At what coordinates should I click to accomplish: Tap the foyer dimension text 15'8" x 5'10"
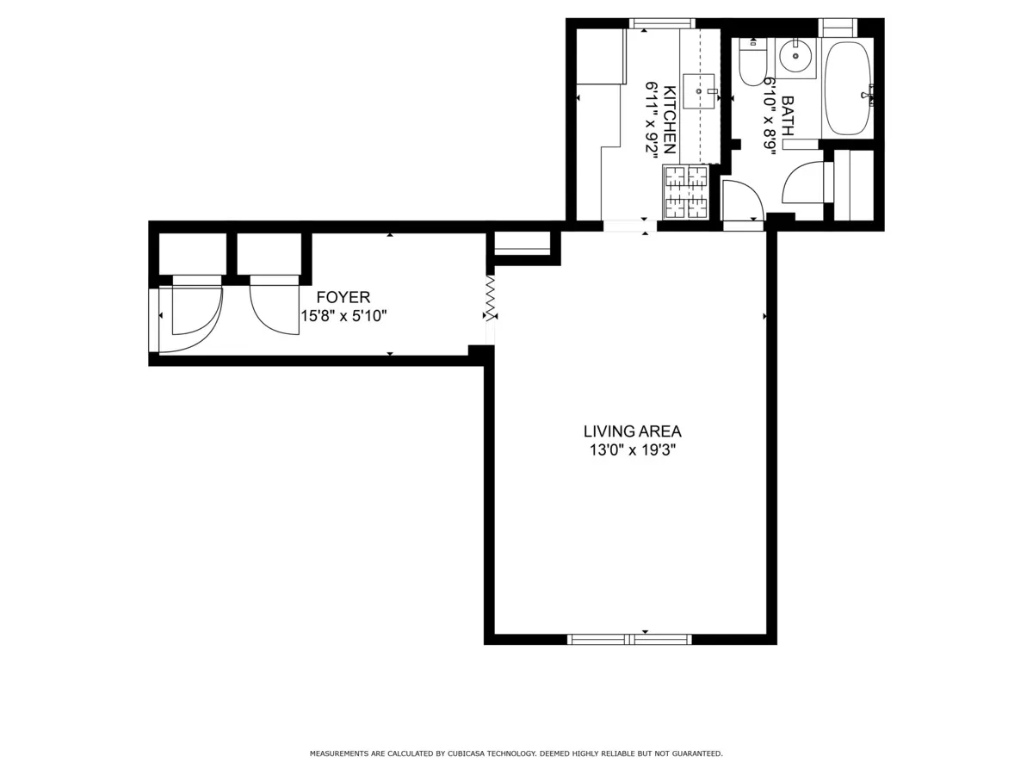pos(343,316)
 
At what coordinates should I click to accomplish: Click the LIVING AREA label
pos(632,431)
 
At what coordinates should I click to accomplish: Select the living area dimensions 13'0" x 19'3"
pos(632,450)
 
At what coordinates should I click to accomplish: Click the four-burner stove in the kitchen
pos(685,192)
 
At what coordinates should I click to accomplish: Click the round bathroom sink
pos(795,58)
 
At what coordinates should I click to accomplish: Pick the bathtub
pos(847,88)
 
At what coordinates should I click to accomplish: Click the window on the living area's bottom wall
pos(629,639)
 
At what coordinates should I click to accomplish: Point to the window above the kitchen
pos(661,23)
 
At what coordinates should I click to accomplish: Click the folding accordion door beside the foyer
pos(491,298)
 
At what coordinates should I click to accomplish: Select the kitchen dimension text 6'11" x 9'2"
pos(653,118)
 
